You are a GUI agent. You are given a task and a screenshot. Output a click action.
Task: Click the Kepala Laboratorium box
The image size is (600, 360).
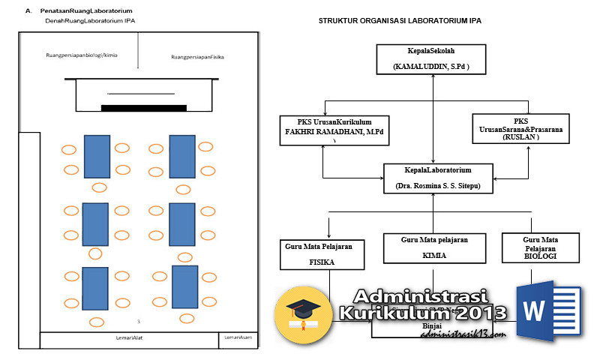coord(438,178)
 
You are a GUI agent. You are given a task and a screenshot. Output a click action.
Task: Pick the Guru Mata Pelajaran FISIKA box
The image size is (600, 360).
coord(322,253)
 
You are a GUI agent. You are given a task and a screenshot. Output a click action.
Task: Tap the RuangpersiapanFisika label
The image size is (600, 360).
coord(198,57)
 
